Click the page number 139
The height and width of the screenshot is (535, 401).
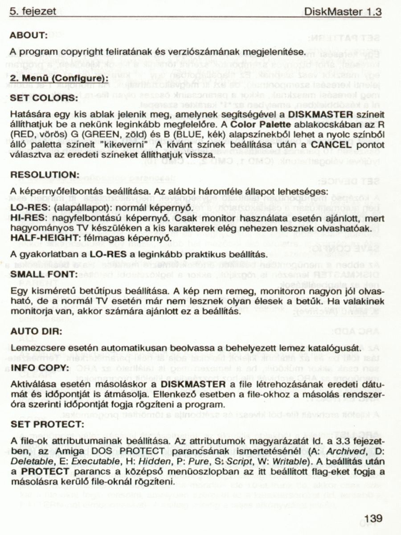[x=373, y=519]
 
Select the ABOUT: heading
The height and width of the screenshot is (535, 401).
[x=29, y=35]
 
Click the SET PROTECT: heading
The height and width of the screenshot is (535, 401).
[x=45, y=424]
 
